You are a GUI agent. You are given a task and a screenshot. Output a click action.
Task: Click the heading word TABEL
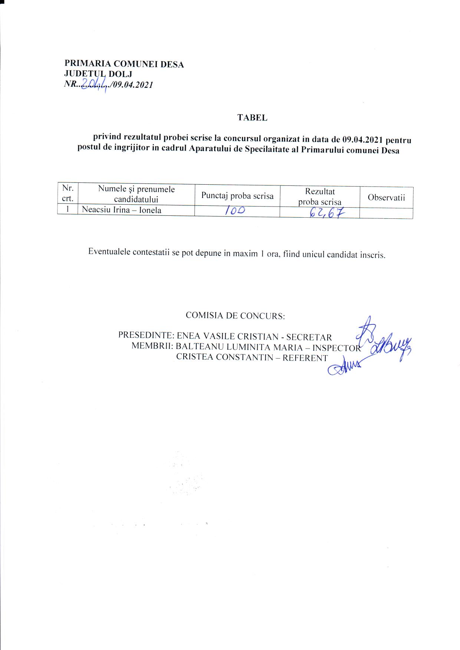(252, 118)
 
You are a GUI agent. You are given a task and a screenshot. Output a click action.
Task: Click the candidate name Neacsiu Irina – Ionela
(122, 210)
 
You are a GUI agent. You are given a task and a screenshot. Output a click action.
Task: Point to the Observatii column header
(386, 197)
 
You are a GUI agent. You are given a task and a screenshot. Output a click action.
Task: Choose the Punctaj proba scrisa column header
(237, 196)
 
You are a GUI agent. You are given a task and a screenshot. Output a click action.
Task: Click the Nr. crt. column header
(68, 193)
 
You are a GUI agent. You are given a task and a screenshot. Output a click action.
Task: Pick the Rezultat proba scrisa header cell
(320, 197)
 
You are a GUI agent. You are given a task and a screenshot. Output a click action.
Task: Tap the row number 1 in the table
(68, 209)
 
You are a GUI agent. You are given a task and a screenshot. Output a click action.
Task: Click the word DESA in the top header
(173, 65)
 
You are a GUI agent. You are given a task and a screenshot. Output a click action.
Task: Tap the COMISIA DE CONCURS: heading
(235, 316)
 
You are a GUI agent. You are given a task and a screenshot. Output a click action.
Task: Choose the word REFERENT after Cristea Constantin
(305, 358)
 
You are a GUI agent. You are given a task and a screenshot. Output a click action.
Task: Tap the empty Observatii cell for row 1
(386, 213)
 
